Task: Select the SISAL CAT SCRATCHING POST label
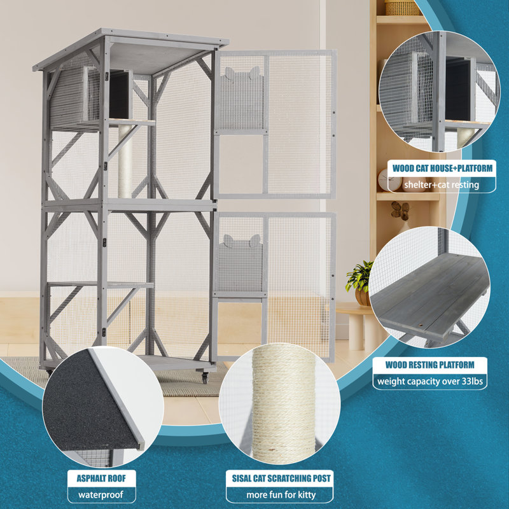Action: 279,478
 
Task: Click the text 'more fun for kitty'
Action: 279,495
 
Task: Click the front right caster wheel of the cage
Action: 206,377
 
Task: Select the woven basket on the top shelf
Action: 402,8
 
